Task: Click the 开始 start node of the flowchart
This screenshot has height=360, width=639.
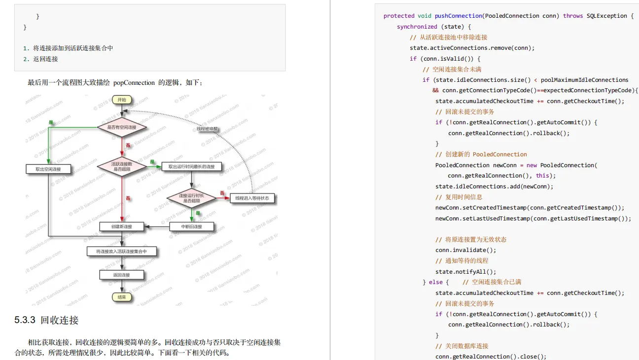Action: tap(121, 100)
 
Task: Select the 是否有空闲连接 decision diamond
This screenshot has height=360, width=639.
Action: tap(121, 127)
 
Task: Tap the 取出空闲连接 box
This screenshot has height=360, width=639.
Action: tap(48, 169)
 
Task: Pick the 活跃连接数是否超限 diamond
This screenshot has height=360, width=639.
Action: tap(121, 166)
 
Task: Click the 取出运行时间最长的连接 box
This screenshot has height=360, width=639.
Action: tap(192, 167)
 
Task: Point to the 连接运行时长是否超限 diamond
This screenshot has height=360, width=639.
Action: tap(192, 198)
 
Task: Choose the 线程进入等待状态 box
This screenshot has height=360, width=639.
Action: tap(252, 198)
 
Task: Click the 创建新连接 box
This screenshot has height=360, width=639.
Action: tap(122, 226)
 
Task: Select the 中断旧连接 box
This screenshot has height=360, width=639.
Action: tap(192, 226)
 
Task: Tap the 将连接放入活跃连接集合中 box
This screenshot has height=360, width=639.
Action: tap(122, 252)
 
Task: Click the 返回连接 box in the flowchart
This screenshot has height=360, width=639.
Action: tap(122, 275)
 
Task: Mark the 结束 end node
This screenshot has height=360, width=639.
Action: tap(121, 297)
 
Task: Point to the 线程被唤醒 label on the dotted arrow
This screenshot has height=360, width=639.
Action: tap(207, 129)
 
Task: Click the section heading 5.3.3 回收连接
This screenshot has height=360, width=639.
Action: tap(46, 320)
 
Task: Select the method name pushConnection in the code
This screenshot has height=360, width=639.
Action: tap(459, 16)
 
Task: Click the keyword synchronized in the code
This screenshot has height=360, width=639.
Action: tap(417, 27)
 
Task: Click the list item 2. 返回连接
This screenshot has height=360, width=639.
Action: tap(40, 59)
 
